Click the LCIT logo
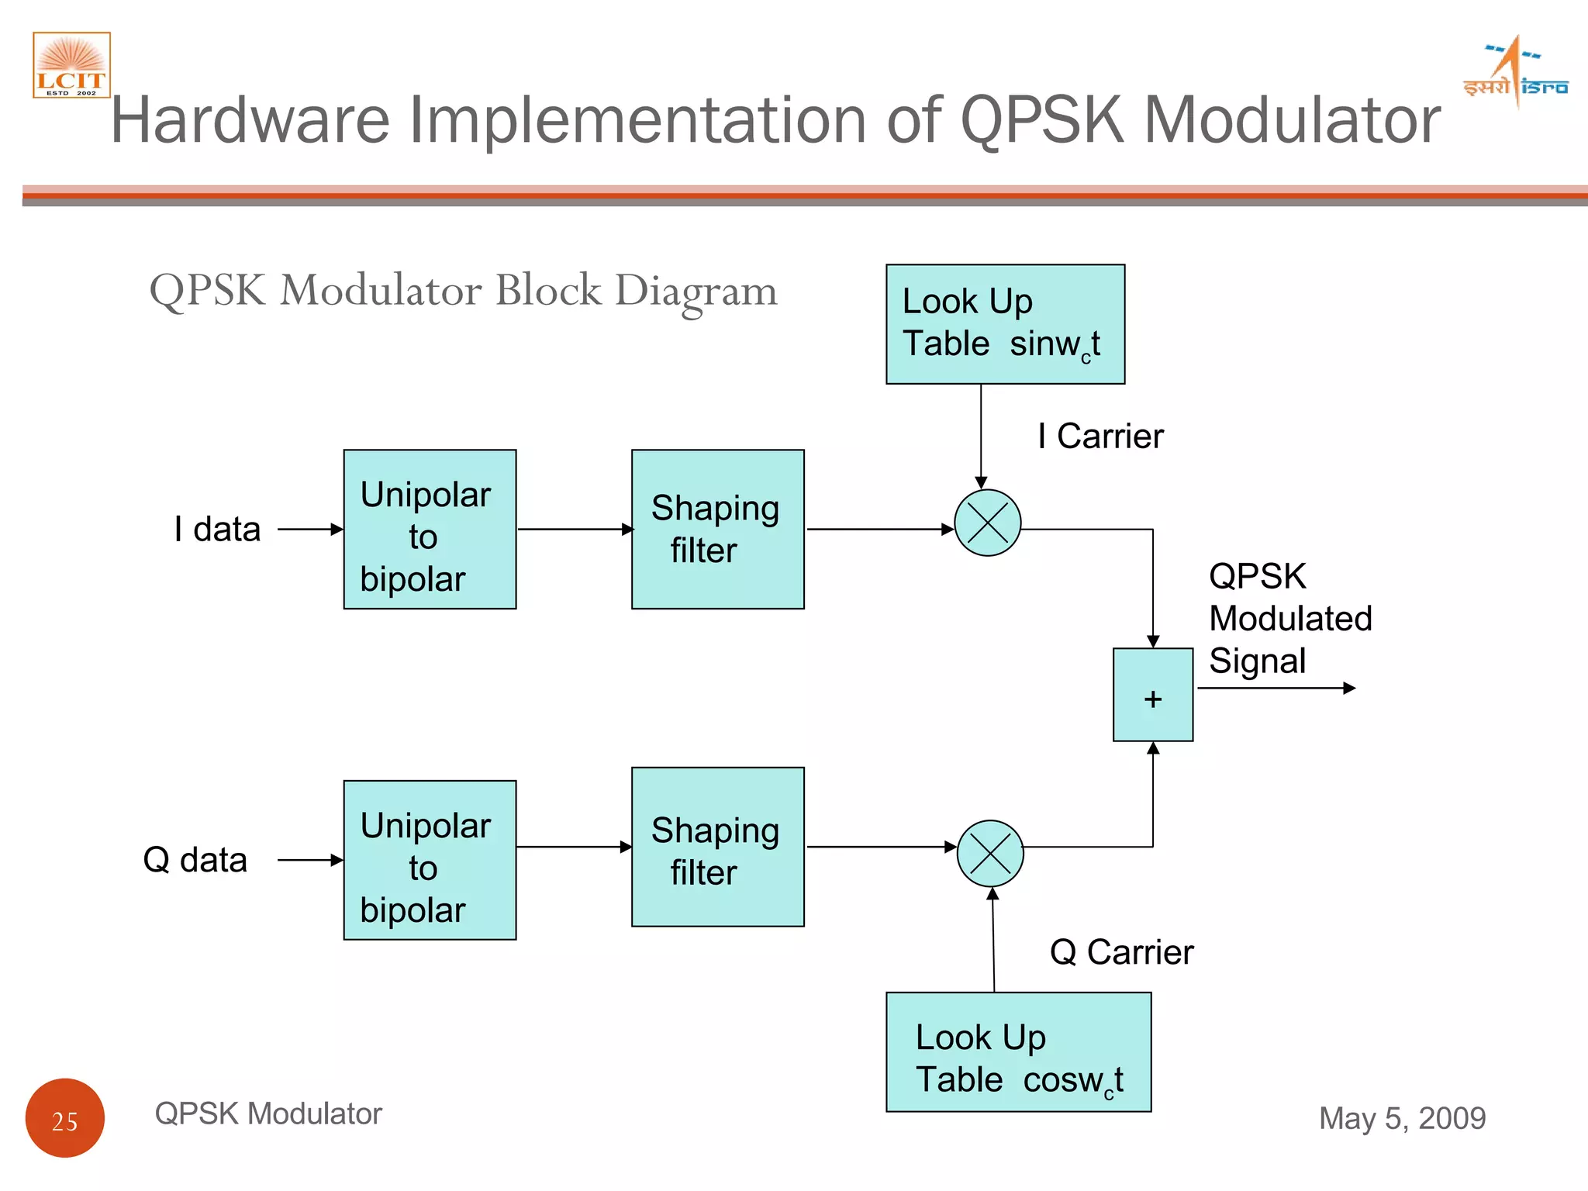(x=71, y=65)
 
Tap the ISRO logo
(x=1515, y=72)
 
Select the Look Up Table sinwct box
(x=1005, y=324)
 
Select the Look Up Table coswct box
(x=1018, y=1051)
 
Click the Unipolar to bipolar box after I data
(x=430, y=529)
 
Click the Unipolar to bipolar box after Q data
(x=430, y=860)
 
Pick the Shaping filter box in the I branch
(x=717, y=529)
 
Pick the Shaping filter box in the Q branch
(x=717, y=847)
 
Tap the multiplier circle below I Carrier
(x=987, y=523)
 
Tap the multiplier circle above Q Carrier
(x=990, y=853)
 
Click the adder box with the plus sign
(x=1152, y=695)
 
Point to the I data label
(x=217, y=530)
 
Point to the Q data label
(x=195, y=860)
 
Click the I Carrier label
(x=1100, y=437)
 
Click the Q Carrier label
(x=1121, y=952)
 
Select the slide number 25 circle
(x=65, y=1117)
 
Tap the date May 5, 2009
(x=1402, y=1118)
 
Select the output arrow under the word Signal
(x=1276, y=688)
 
